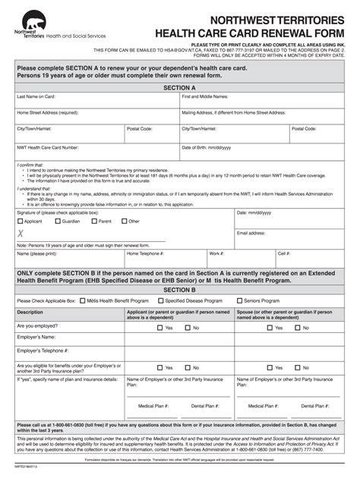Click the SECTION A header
pos(179,88)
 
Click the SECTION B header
pos(179,290)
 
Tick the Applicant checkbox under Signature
pos(21,222)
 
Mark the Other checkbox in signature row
pos(123,222)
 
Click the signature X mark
pos(21,234)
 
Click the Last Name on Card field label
pos(37,97)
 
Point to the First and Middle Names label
pos(204,97)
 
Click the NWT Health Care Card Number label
pos(48,147)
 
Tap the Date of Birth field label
pos(206,147)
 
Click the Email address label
pos(251,233)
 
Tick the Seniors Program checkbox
pos(238,300)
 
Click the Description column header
pos(30,312)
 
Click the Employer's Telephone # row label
pos(43,351)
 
